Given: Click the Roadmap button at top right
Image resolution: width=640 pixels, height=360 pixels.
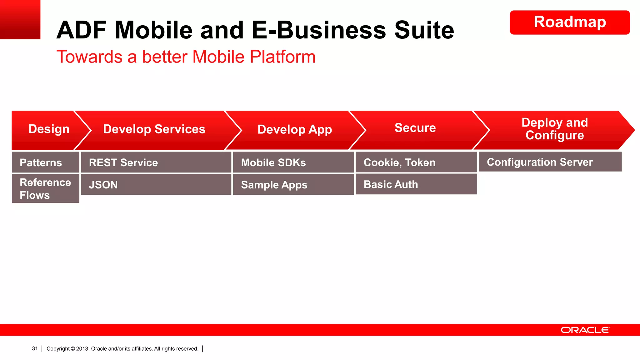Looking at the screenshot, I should click(x=569, y=22).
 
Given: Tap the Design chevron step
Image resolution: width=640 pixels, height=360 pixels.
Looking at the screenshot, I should click(x=48, y=129).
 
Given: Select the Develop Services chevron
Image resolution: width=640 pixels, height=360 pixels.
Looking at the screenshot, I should click(x=154, y=129).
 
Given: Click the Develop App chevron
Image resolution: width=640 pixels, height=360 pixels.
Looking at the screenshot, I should click(x=294, y=129).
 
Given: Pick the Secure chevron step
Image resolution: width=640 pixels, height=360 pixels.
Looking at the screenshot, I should click(x=415, y=128).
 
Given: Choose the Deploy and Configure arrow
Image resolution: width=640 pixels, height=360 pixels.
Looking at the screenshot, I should click(x=554, y=129).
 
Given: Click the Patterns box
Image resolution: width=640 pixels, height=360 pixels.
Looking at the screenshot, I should click(x=45, y=162).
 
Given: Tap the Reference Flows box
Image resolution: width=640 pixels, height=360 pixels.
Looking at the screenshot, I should click(x=45, y=189).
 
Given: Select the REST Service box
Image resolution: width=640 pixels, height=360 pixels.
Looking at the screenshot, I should click(x=156, y=162).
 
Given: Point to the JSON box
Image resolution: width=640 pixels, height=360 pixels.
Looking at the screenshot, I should click(x=156, y=185).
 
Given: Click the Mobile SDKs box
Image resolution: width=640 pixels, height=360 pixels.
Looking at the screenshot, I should click(x=293, y=162).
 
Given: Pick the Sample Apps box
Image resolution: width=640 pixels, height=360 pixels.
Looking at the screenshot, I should click(x=293, y=185).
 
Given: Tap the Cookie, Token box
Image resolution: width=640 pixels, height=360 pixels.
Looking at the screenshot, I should click(x=416, y=162).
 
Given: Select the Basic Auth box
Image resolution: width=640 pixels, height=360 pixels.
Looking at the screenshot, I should click(x=416, y=184).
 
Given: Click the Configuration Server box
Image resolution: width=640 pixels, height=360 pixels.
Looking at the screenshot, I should click(x=550, y=162).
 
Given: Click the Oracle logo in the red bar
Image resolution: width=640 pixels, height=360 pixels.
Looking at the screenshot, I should click(x=585, y=330).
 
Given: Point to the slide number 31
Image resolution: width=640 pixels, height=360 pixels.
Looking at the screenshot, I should click(x=35, y=349).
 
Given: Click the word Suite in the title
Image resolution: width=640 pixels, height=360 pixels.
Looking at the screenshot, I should click(x=424, y=30).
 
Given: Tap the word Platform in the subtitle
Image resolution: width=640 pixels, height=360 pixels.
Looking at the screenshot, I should click(x=282, y=57).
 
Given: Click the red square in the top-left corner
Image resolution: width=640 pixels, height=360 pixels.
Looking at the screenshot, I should click(x=20, y=19).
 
